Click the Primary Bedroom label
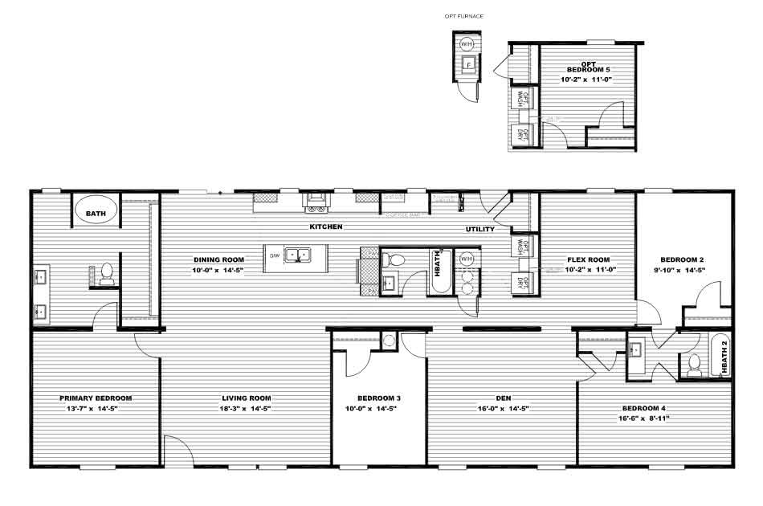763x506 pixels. (96, 398)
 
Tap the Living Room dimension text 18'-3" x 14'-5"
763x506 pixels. (246, 408)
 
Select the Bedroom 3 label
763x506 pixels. (377, 398)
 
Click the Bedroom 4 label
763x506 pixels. (643, 409)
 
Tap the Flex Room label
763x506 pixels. (588, 259)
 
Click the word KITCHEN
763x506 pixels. (326, 227)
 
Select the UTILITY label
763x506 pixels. (480, 230)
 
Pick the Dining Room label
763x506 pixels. (218, 259)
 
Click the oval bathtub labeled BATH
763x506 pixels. (96, 213)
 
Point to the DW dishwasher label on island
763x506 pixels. (275, 256)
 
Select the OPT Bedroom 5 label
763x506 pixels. (590, 67)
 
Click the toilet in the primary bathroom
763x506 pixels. (105, 273)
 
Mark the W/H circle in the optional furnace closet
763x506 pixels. (467, 44)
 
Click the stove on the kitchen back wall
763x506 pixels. (315, 200)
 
